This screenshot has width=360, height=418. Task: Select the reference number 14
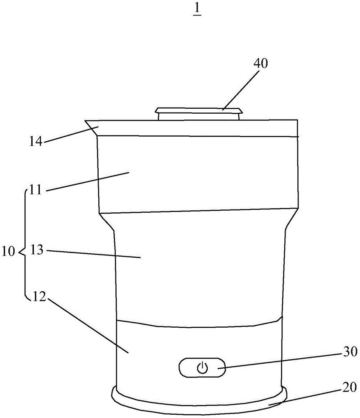click(36, 141)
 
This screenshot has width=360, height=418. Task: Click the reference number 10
click(8, 252)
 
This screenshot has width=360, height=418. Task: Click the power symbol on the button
click(202, 368)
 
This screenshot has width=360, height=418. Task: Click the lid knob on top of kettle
click(199, 114)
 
